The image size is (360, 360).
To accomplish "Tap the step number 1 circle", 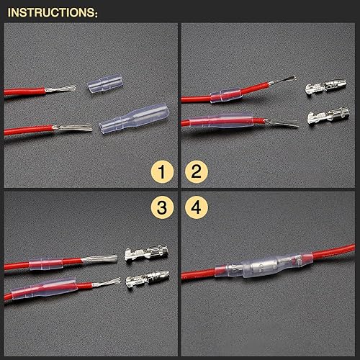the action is [162, 171].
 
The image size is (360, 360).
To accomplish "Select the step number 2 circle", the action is [197, 171].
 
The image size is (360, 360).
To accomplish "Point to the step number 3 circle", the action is [162, 207].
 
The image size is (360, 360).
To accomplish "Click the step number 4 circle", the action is [197, 207].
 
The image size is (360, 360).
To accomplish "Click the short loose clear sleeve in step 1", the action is [105, 84].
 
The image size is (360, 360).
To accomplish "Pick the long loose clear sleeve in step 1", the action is [135, 119].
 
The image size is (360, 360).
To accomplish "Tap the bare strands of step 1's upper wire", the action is [60, 89].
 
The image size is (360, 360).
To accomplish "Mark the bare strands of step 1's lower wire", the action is [73, 127].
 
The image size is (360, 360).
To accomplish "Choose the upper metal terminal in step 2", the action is [326, 87].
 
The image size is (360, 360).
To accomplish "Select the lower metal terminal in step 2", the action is [328, 116].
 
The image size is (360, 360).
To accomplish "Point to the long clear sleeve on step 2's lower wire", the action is [221, 121].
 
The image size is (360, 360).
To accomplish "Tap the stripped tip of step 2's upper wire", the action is [282, 80].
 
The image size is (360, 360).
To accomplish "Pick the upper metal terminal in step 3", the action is [146, 253].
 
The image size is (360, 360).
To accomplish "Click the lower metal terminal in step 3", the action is [148, 280].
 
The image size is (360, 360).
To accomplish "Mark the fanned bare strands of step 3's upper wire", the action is [99, 258].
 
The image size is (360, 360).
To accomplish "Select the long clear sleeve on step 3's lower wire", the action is [45, 289].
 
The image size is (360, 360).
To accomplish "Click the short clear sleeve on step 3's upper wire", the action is [46, 264].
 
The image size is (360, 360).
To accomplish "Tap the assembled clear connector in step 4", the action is [264, 266].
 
